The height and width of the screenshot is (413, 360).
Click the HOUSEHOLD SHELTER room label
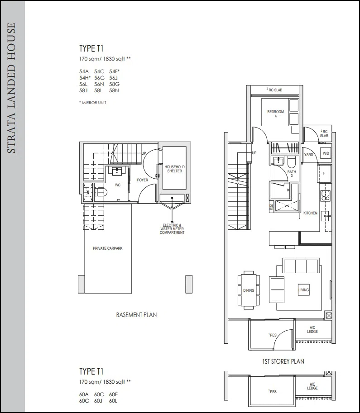coord(174,169)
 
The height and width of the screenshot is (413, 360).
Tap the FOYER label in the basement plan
coord(143,180)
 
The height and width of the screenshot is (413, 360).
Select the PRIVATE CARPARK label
coord(108,248)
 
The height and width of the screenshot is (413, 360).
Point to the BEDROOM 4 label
coord(276,114)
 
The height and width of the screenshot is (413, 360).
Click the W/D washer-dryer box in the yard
coord(326,153)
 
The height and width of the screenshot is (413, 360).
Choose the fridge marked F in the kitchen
coord(324,173)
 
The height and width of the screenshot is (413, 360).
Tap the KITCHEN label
coord(311,213)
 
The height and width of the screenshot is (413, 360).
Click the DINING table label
coord(249,290)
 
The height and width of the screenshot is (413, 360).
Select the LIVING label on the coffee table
coord(303,290)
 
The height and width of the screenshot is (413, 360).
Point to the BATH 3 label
coord(292,174)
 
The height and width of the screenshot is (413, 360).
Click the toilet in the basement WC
coord(101,192)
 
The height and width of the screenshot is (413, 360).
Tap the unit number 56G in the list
coord(99,78)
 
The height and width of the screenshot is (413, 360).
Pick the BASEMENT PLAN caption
coord(136,315)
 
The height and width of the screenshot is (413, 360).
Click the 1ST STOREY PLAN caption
coord(283,361)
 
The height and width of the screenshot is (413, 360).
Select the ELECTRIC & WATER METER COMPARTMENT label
coord(172,229)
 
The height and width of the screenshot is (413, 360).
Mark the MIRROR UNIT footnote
coord(93,103)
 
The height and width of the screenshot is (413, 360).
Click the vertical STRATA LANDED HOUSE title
coord(11,88)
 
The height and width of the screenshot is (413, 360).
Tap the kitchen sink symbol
coord(326,216)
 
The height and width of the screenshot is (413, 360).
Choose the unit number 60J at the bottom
coord(98,401)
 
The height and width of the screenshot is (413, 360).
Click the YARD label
coord(308,155)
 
